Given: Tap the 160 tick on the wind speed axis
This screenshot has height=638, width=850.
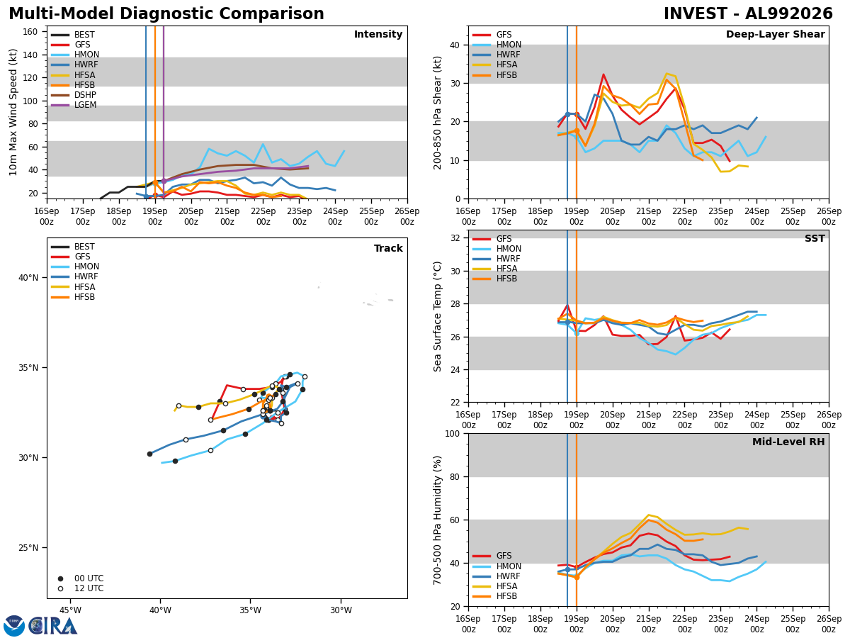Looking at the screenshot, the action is pyautogui.click(x=30, y=32).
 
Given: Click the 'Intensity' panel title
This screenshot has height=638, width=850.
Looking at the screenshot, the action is pyautogui.click(x=378, y=35).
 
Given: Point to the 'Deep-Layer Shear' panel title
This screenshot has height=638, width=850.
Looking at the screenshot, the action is pyautogui.click(x=775, y=35).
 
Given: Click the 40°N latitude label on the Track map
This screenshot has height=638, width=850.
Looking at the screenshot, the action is pyautogui.click(x=28, y=278).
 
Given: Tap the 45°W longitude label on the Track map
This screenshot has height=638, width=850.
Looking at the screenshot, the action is pyautogui.click(x=70, y=610).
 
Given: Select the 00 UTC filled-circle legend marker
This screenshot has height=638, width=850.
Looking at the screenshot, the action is pyautogui.click(x=60, y=578).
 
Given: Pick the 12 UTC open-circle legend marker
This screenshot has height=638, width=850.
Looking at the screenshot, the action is pyautogui.click(x=60, y=589).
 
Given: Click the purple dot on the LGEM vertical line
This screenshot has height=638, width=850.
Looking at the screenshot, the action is pyautogui.click(x=164, y=181).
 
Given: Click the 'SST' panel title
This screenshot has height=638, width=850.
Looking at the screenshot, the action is pyautogui.click(x=815, y=239).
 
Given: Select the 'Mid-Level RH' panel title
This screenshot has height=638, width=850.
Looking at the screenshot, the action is pyautogui.click(x=788, y=442).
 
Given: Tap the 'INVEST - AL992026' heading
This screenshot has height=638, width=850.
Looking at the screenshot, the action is pyautogui.click(x=748, y=14).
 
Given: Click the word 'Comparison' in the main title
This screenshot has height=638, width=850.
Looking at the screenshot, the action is pyautogui.click(x=271, y=14).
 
